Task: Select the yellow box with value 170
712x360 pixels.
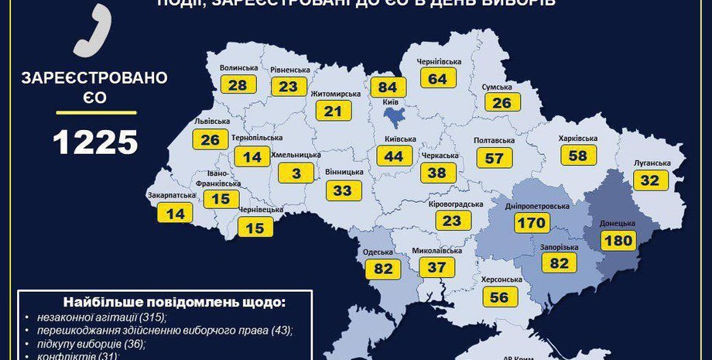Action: point(532,222)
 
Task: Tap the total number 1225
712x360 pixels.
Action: point(95,142)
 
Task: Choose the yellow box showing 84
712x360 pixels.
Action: point(388,87)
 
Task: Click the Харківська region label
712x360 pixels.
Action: point(577,139)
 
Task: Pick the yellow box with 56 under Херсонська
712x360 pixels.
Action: point(499,296)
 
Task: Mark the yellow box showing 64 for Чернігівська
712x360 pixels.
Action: point(438,78)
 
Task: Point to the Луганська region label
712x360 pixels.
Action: point(651,163)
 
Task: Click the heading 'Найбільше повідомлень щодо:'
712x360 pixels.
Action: point(163,301)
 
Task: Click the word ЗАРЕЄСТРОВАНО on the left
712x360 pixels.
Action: point(95,77)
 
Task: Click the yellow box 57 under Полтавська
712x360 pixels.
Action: point(495,157)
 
